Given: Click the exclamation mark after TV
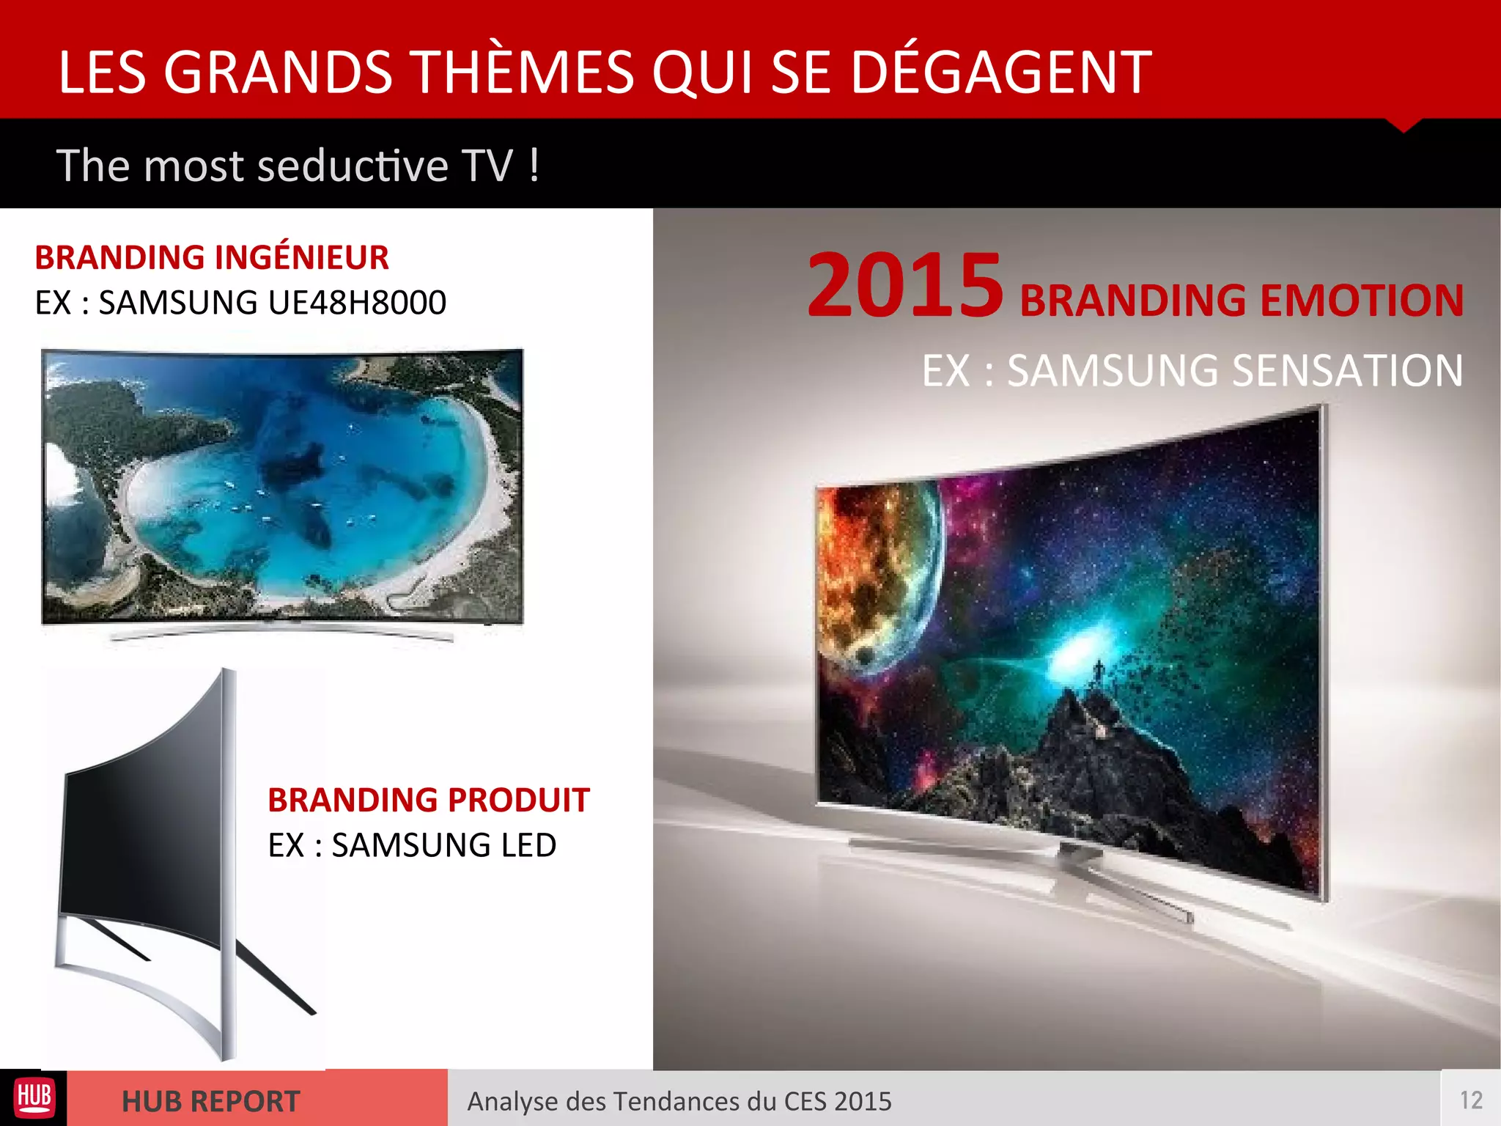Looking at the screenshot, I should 534,166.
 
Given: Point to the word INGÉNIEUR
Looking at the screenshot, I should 302,258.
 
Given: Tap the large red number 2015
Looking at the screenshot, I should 904,286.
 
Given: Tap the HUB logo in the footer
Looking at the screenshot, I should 34,1097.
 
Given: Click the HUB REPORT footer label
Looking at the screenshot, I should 210,1101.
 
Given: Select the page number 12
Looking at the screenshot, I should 1470,1100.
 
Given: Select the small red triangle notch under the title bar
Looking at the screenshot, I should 1403,125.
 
